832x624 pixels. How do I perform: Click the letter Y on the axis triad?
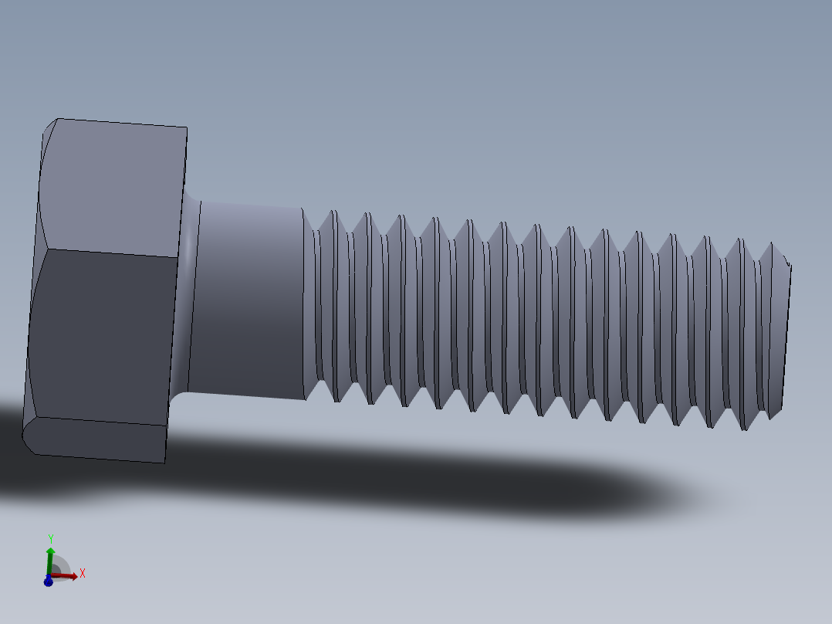click(x=50, y=538)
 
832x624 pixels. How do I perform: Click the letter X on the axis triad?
click(x=82, y=573)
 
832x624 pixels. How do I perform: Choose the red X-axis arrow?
click(x=67, y=575)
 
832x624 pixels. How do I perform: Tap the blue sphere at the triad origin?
click(x=48, y=581)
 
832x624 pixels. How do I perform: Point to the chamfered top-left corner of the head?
click(x=50, y=127)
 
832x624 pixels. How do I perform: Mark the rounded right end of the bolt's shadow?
click(x=671, y=494)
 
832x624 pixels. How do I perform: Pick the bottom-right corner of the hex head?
click(x=165, y=462)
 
